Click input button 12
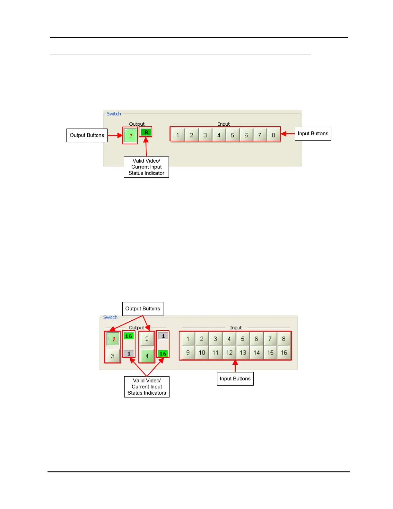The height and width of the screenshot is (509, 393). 229,353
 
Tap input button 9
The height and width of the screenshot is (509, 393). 188,353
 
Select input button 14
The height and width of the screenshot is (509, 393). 257,353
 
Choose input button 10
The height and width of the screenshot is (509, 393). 202,353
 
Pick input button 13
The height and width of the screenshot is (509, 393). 243,353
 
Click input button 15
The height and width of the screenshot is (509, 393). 270,353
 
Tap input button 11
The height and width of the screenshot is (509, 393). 215,353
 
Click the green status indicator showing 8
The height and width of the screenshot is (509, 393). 146,132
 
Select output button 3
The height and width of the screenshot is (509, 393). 113,356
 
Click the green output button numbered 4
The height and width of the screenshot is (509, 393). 147,356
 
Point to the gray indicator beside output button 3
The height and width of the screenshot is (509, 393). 129,353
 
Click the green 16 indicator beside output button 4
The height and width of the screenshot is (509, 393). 163,353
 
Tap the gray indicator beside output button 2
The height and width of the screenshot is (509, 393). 163,336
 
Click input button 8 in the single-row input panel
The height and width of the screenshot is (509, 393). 273,135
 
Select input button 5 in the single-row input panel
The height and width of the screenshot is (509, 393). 232,135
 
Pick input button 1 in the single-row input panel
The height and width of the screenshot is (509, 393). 178,135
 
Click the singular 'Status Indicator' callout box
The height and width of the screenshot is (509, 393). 146,167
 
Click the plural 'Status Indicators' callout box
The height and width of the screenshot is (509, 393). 147,387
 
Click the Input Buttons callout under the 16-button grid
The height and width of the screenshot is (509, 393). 235,379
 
